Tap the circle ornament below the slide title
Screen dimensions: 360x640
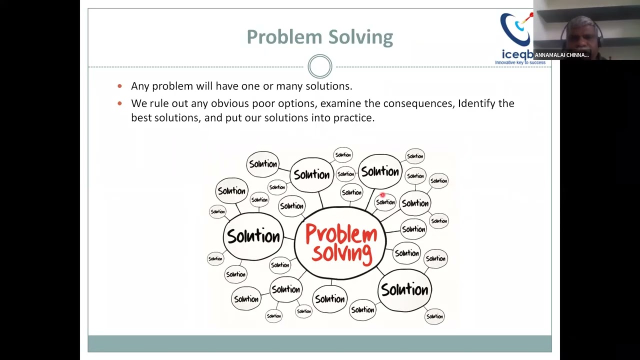pos(320,66)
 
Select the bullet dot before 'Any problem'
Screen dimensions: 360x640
pos(119,86)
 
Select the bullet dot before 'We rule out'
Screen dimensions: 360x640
pos(119,103)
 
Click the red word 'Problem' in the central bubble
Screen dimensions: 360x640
pos(341,234)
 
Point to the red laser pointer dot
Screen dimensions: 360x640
pos(382,195)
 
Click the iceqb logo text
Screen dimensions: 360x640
pos(517,53)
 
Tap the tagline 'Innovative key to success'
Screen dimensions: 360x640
pos(520,62)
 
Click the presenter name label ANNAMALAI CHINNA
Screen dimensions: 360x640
pos(561,55)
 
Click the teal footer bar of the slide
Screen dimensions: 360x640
pos(320,343)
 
